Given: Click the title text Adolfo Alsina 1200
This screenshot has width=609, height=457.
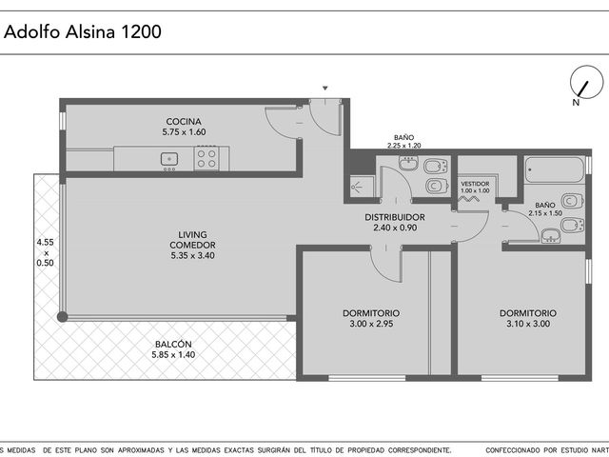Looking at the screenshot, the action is tap(83, 31).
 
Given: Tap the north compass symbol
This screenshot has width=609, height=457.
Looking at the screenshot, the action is tap(586, 83).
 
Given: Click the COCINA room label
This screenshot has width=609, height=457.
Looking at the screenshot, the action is tap(184, 121).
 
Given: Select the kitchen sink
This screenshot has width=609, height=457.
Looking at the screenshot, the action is tap(169, 159).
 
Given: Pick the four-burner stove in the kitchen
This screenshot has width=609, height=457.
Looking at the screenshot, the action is tap(206, 158).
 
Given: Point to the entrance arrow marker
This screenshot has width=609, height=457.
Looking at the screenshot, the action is tap(325, 89).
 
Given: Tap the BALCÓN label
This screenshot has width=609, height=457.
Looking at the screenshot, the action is tap(173, 344).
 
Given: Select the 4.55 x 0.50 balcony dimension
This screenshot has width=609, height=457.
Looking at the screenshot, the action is tap(45, 252).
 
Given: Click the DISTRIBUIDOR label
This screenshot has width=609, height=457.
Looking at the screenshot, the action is tap(395, 217).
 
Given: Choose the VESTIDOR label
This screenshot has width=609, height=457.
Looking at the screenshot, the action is tap(475, 184).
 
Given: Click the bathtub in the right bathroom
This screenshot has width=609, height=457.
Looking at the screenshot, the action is tap(554, 169).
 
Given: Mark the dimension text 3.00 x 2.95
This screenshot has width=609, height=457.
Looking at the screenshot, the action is tap(371, 324).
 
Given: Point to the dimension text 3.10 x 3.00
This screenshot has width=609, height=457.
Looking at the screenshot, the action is tap(528, 324).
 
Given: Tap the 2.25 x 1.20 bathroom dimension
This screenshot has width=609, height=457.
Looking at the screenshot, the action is tap(403, 146).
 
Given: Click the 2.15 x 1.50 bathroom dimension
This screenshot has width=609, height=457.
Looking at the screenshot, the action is tap(545, 213).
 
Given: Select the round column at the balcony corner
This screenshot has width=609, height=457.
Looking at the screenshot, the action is tap(62, 317).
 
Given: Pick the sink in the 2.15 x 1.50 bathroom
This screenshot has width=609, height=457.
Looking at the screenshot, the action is tap(551, 235).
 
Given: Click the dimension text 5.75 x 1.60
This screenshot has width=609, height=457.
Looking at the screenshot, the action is tap(184, 132).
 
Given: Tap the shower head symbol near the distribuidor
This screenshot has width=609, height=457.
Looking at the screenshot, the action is tap(357, 188).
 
